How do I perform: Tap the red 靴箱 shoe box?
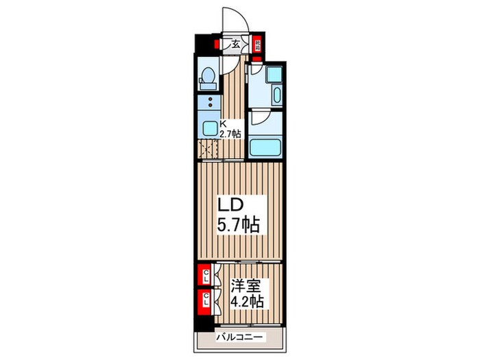point(258,43)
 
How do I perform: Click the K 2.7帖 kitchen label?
point(230,129)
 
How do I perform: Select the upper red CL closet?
point(204,276)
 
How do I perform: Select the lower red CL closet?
point(204,298)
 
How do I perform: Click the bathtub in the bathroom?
point(267,147)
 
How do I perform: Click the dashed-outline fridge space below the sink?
point(207,149)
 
